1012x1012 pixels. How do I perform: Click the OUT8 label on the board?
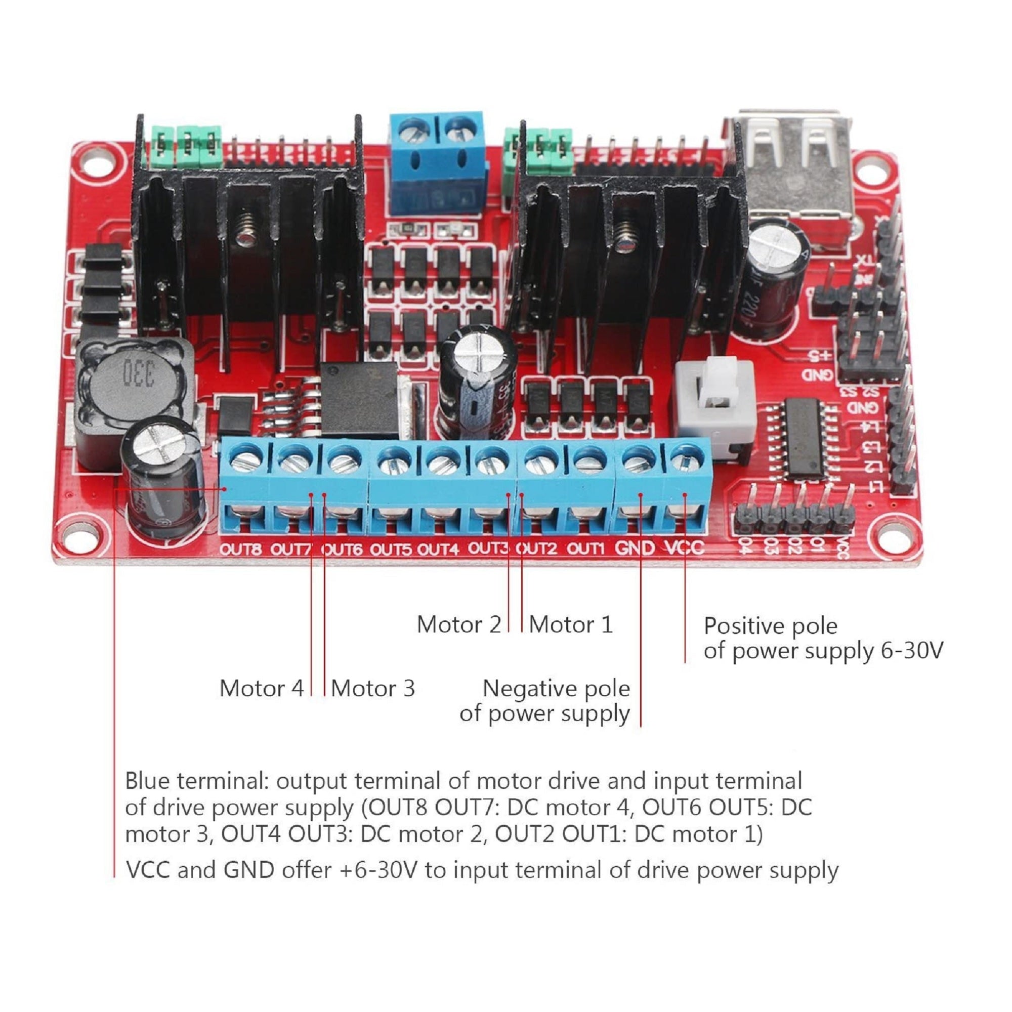pyautogui.click(x=240, y=550)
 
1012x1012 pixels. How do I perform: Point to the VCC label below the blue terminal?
pyautogui.click(x=685, y=548)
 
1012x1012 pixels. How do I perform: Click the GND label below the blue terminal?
pyautogui.click(x=635, y=548)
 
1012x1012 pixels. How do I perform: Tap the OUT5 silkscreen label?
pyautogui.click(x=391, y=550)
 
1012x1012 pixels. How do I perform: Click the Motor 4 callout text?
pyautogui.click(x=262, y=688)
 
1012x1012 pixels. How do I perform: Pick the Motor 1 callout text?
pyautogui.click(x=570, y=624)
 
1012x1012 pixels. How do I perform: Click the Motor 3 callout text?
pyautogui.click(x=372, y=688)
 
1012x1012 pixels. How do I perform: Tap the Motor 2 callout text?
pyautogui.click(x=458, y=624)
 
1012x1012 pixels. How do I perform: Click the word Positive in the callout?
pyautogui.click(x=744, y=626)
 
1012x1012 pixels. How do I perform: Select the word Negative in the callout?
pyautogui.click(x=527, y=688)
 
